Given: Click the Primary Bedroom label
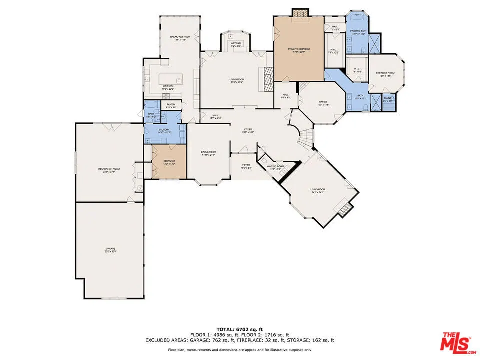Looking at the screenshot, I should click(299, 49).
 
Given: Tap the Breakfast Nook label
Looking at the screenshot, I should click(180, 37).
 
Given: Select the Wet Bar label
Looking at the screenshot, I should click(236, 43).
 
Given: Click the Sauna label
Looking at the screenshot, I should click(387, 98).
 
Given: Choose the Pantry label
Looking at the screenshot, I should click(170, 105).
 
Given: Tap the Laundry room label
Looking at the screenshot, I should click(164, 131).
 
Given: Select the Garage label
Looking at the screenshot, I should click(110, 249).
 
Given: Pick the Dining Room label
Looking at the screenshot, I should click(208, 152).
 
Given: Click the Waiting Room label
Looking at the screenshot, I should click(275, 166).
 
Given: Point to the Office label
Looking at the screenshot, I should click(323, 103).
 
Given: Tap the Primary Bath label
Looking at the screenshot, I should click(358, 32).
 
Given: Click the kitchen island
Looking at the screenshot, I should click(171, 79).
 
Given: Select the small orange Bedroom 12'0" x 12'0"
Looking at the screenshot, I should click(169, 162).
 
